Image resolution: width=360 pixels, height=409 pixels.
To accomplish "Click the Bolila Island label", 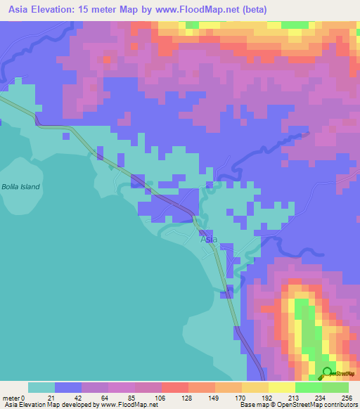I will pos(20,187).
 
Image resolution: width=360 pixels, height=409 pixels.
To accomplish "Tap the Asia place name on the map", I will pos(209,239).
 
